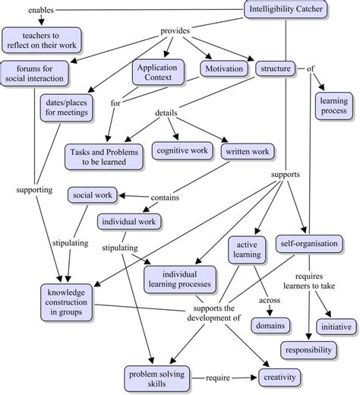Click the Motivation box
click(224, 69)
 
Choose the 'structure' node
click(276, 69)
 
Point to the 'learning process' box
click(333, 105)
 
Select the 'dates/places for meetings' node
click(66, 106)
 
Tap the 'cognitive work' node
click(182, 151)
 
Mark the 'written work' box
click(247, 151)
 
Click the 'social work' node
click(93, 195)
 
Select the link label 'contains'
click(165, 198)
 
